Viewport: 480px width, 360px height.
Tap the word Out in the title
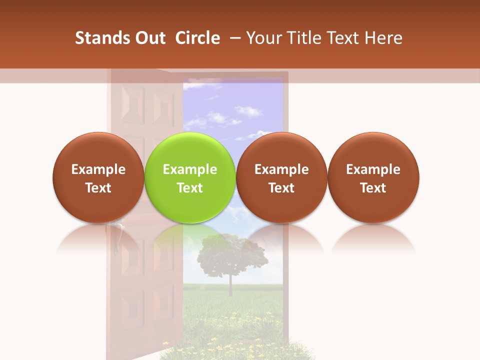(149, 38)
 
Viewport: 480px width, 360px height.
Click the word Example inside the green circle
(190, 169)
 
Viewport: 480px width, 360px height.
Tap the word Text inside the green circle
(190, 188)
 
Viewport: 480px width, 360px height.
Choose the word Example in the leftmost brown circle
(98, 169)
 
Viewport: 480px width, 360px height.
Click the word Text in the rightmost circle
(373, 188)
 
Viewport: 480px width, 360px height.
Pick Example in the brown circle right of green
(281, 169)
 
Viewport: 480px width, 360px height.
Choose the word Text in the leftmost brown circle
(98, 188)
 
